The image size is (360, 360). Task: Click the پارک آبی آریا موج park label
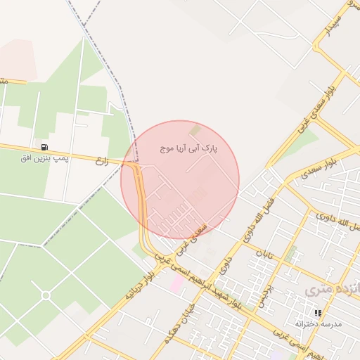[x=189, y=149]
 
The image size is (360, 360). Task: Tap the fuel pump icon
[x=45, y=147]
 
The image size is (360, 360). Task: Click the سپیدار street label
[x=336, y=22]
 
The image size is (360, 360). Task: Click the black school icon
[x=318, y=312]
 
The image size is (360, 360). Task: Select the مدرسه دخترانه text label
[x=318, y=323]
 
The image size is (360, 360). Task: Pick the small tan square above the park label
[x=195, y=130]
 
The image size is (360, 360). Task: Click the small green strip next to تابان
[x=290, y=252]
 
